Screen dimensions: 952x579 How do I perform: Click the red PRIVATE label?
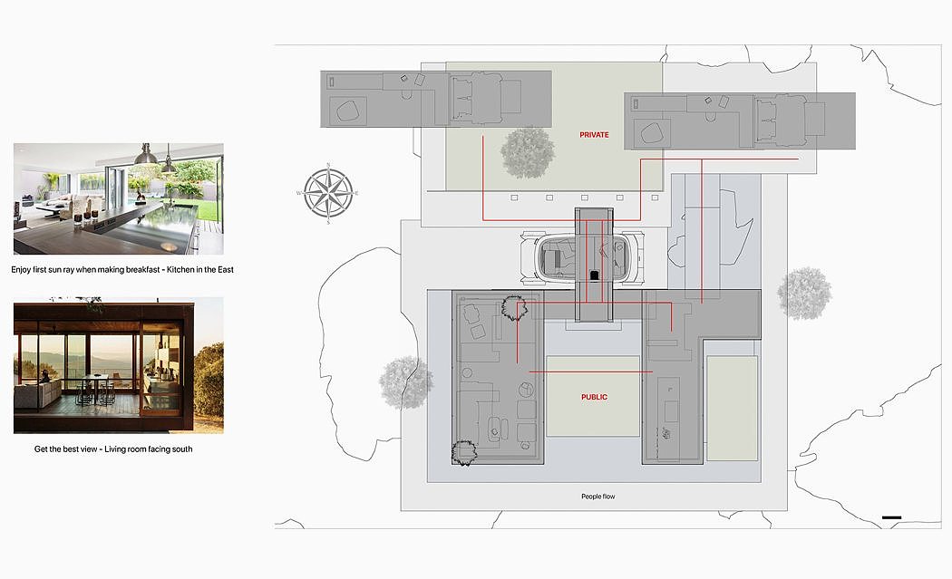pyautogui.click(x=594, y=135)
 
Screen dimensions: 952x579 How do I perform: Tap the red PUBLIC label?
pyautogui.click(x=595, y=397)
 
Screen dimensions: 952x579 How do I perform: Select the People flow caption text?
pyautogui.click(x=598, y=497)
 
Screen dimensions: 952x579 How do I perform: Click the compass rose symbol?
pyautogui.click(x=328, y=194)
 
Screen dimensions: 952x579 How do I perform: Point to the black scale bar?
pyautogui.click(x=891, y=517)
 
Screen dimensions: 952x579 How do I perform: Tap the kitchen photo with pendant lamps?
pyautogui.click(x=119, y=199)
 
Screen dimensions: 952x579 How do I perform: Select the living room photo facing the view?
pyautogui.click(x=119, y=365)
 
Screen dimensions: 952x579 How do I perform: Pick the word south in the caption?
pyautogui.click(x=181, y=449)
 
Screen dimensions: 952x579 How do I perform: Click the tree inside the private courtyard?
pyautogui.click(x=528, y=153)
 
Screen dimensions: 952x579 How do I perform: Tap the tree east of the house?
pyautogui.click(x=804, y=294)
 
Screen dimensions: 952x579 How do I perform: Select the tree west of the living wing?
pyautogui.click(x=405, y=382)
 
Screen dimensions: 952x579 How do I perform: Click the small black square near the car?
pyautogui.click(x=595, y=275)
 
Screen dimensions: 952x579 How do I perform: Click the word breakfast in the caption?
pyautogui.click(x=141, y=269)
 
